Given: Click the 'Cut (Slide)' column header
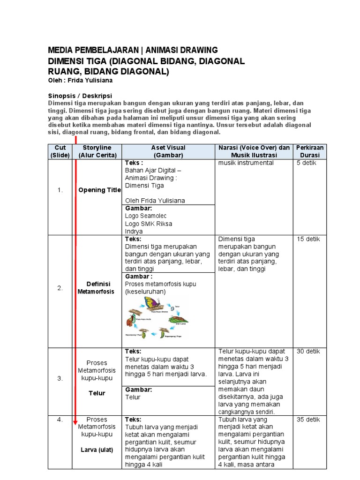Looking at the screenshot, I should pyautogui.click(x=60, y=151).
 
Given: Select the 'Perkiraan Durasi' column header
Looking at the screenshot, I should pyautogui.click(x=309, y=151).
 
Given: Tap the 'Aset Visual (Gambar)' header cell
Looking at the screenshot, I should pyautogui.click(x=168, y=151).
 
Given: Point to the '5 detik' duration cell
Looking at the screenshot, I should pyautogui.click(x=307, y=163).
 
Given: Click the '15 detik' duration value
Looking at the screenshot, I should pyautogui.click(x=308, y=239).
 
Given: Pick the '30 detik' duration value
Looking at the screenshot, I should pyautogui.click(x=308, y=352).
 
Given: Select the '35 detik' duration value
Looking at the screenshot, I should pyautogui.click(x=308, y=420).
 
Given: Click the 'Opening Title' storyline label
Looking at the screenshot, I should pyautogui.click(x=99, y=190).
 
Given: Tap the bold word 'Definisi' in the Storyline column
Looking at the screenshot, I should pyautogui.click(x=98, y=284).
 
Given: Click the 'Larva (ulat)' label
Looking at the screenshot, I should pyautogui.click(x=96, y=450).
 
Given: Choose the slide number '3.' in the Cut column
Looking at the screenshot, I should pyautogui.click(x=60, y=378).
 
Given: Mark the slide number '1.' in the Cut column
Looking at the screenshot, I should pyautogui.click(x=60, y=190).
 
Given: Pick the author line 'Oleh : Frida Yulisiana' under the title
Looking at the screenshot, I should pyautogui.click(x=81, y=80).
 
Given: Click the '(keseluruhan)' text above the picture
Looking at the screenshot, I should pyautogui.click(x=145, y=292).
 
